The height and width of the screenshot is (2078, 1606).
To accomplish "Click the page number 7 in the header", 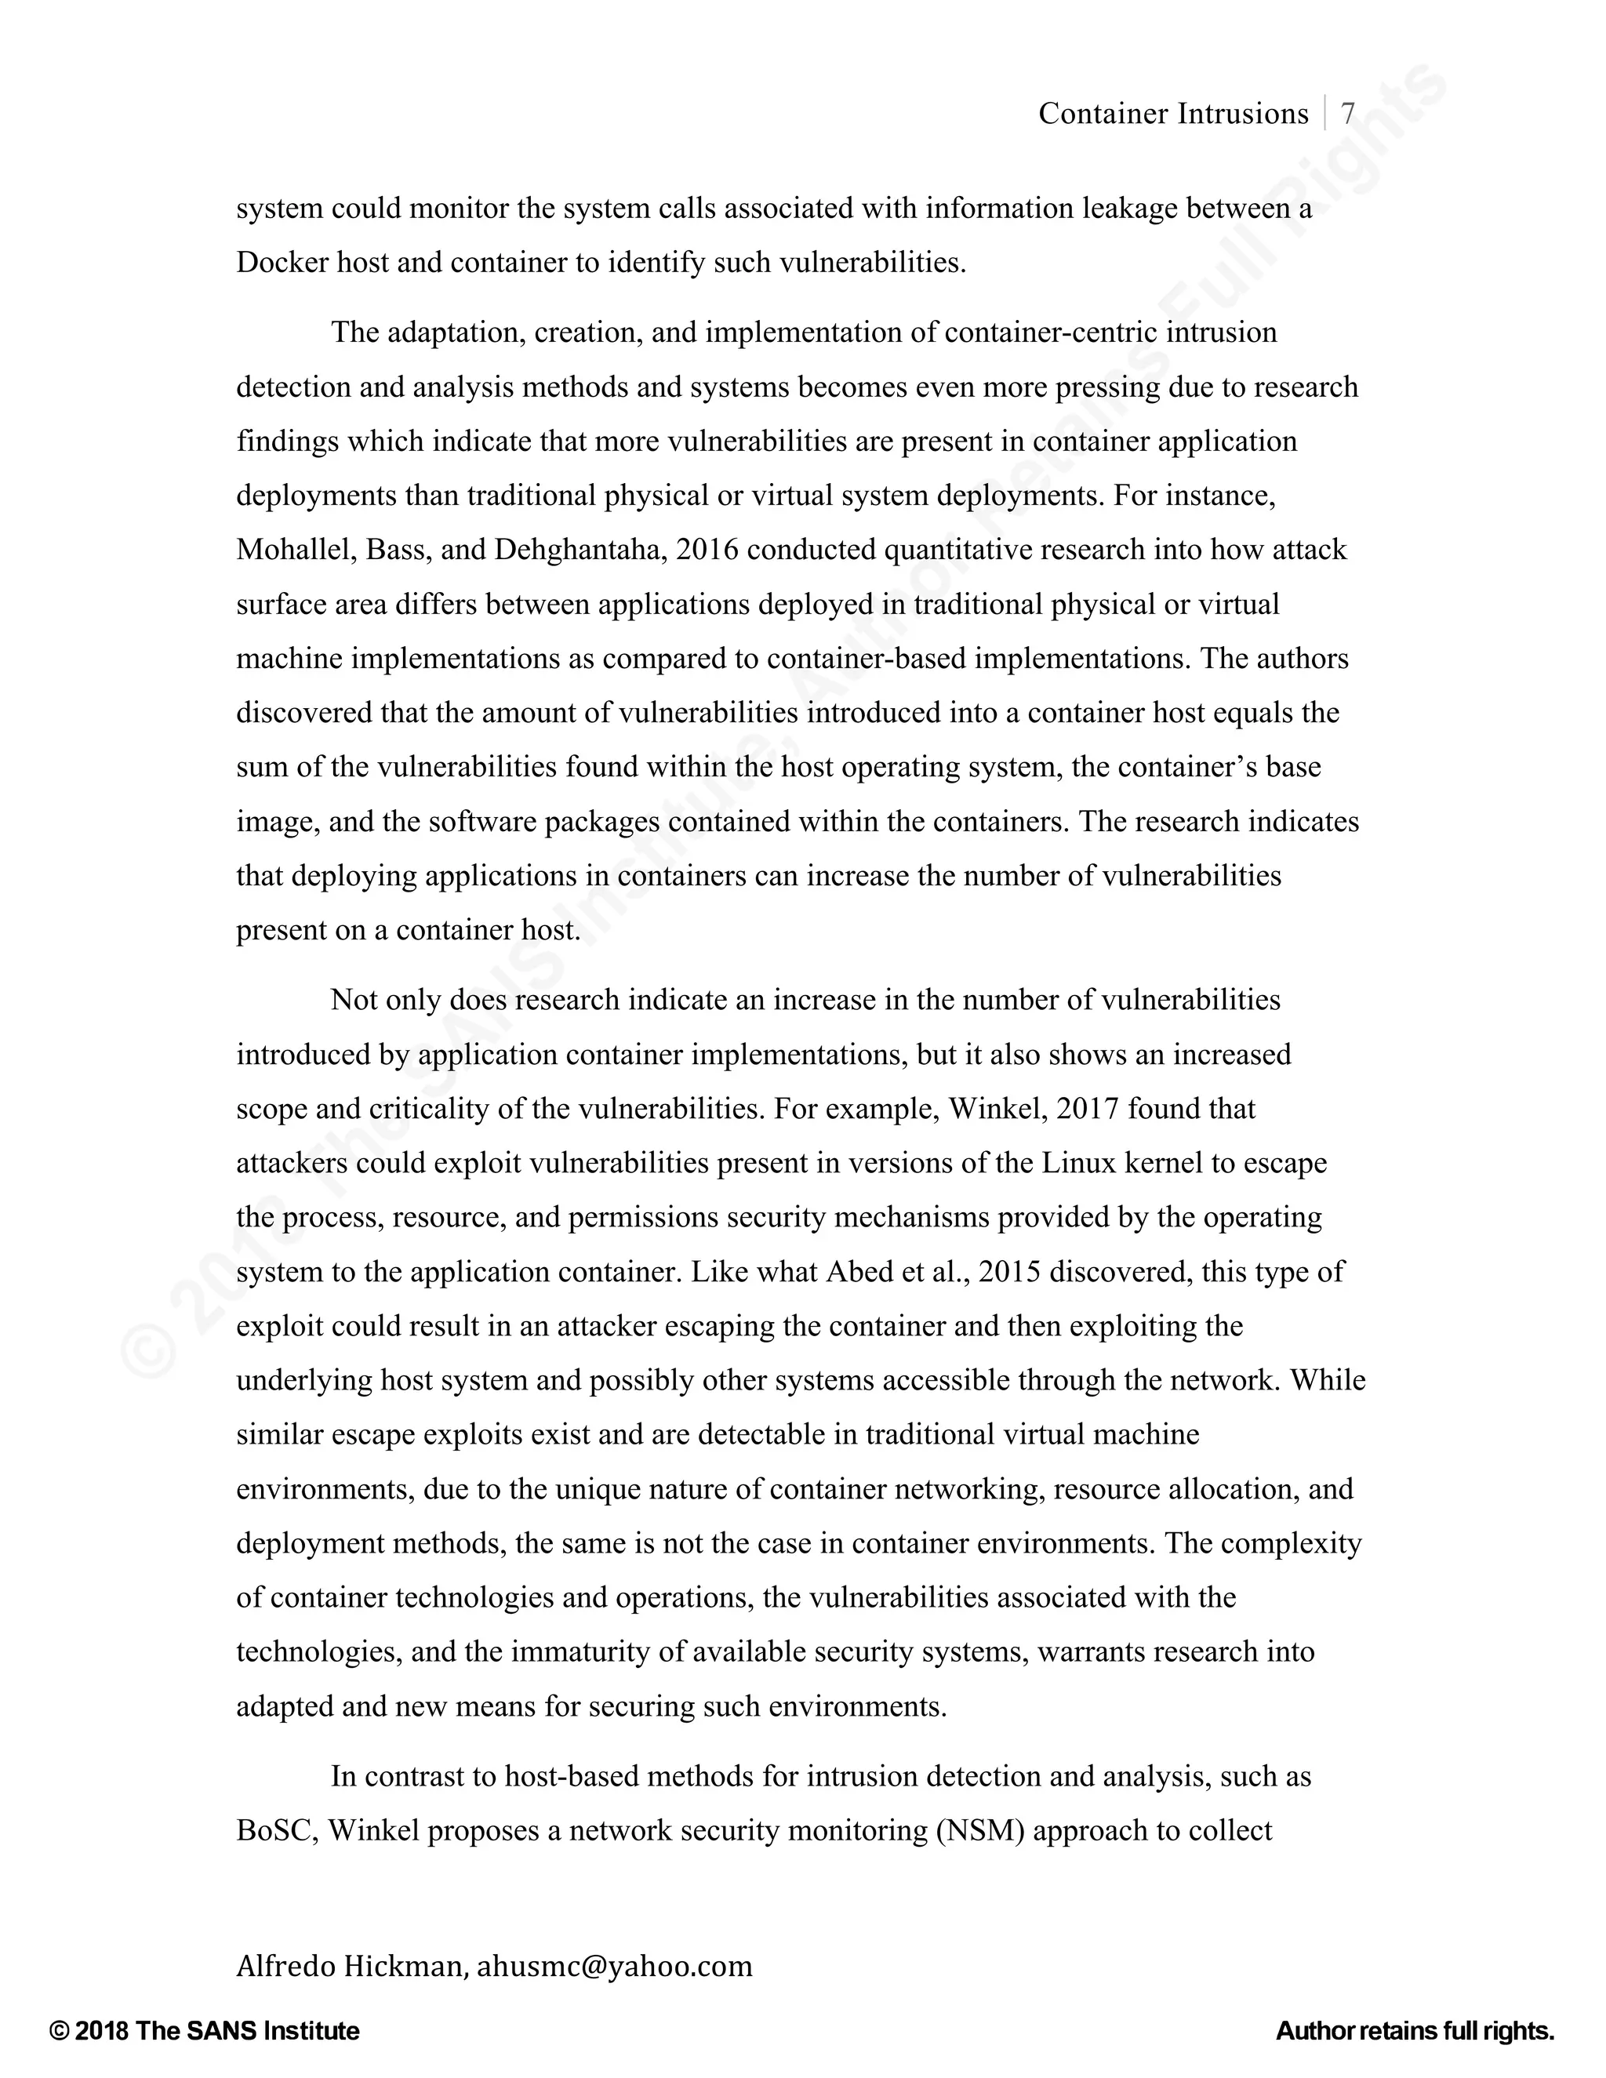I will (x=1347, y=114).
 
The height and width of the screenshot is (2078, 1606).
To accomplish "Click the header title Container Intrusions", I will (x=1173, y=114).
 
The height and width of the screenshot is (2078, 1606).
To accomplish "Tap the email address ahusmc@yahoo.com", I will (x=614, y=1965).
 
